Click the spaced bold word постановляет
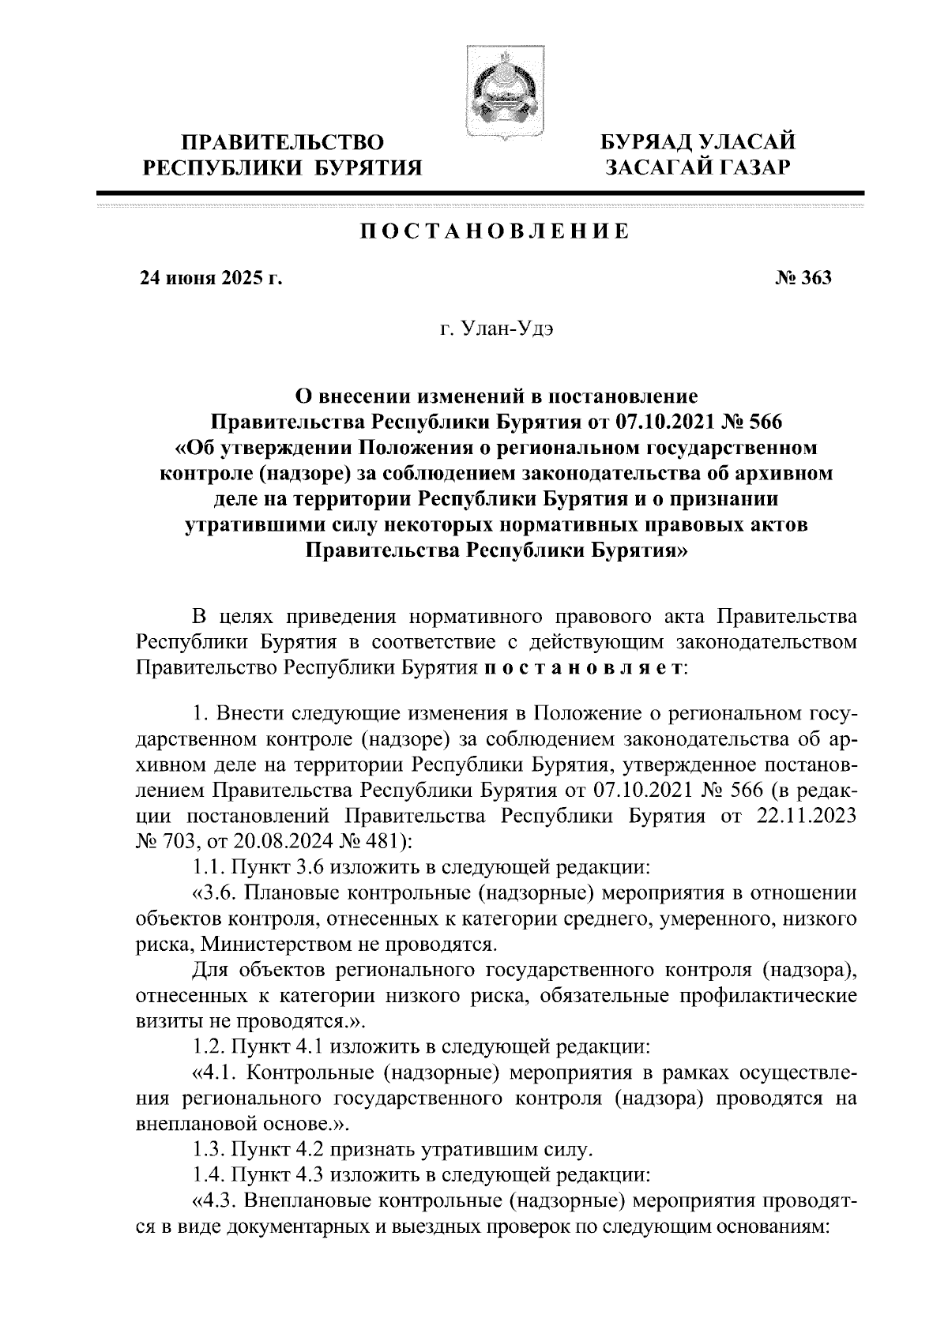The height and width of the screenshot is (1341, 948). point(584,667)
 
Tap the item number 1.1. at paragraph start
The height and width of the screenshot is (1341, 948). point(207,868)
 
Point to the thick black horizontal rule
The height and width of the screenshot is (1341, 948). point(480,193)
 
